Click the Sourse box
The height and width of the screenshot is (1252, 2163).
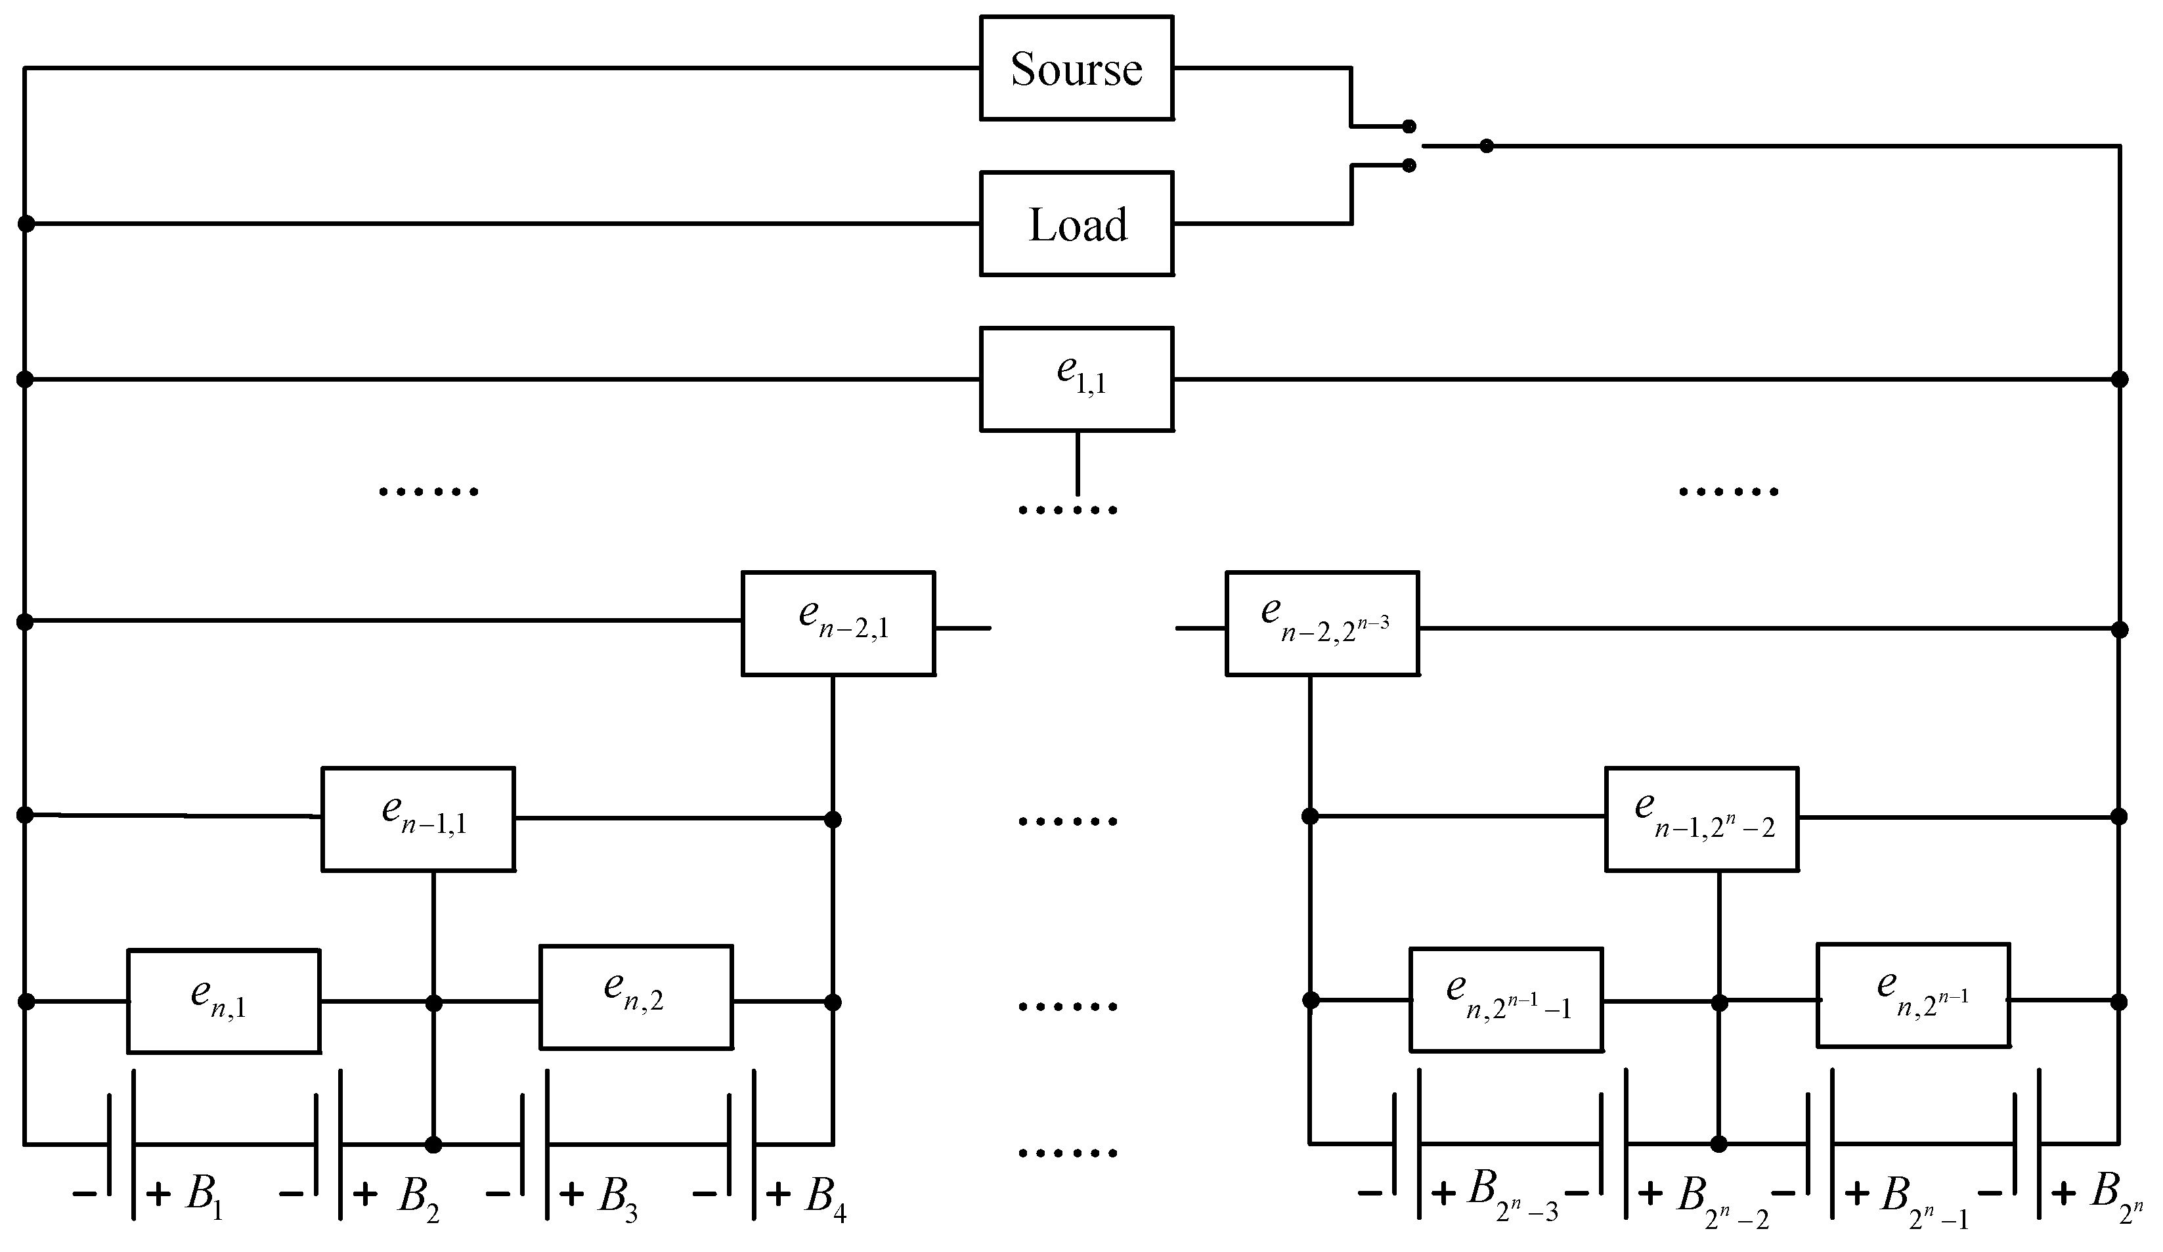[x=1076, y=68]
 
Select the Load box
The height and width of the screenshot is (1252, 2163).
[x=1076, y=224]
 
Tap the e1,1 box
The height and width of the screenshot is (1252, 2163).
[x=1076, y=379]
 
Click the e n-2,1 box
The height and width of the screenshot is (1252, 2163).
[x=838, y=623]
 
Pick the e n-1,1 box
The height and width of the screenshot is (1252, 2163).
[x=418, y=819]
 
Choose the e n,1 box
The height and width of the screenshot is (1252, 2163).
[x=224, y=1001]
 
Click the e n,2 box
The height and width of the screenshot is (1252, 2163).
[x=636, y=997]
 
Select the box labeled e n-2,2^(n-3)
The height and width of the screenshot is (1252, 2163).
[x=1322, y=623]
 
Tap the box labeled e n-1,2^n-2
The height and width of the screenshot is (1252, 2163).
[x=1702, y=819]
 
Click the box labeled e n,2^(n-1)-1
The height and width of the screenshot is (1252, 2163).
[x=1506, y=1000]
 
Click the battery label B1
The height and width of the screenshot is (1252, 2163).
[x=204, y=1196]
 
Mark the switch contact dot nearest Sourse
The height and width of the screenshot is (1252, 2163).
[x=1409, y=126]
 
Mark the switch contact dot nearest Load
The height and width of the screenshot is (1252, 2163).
[x=1409, y=166]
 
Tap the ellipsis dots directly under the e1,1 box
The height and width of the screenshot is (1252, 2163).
[x=1068, y=511]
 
